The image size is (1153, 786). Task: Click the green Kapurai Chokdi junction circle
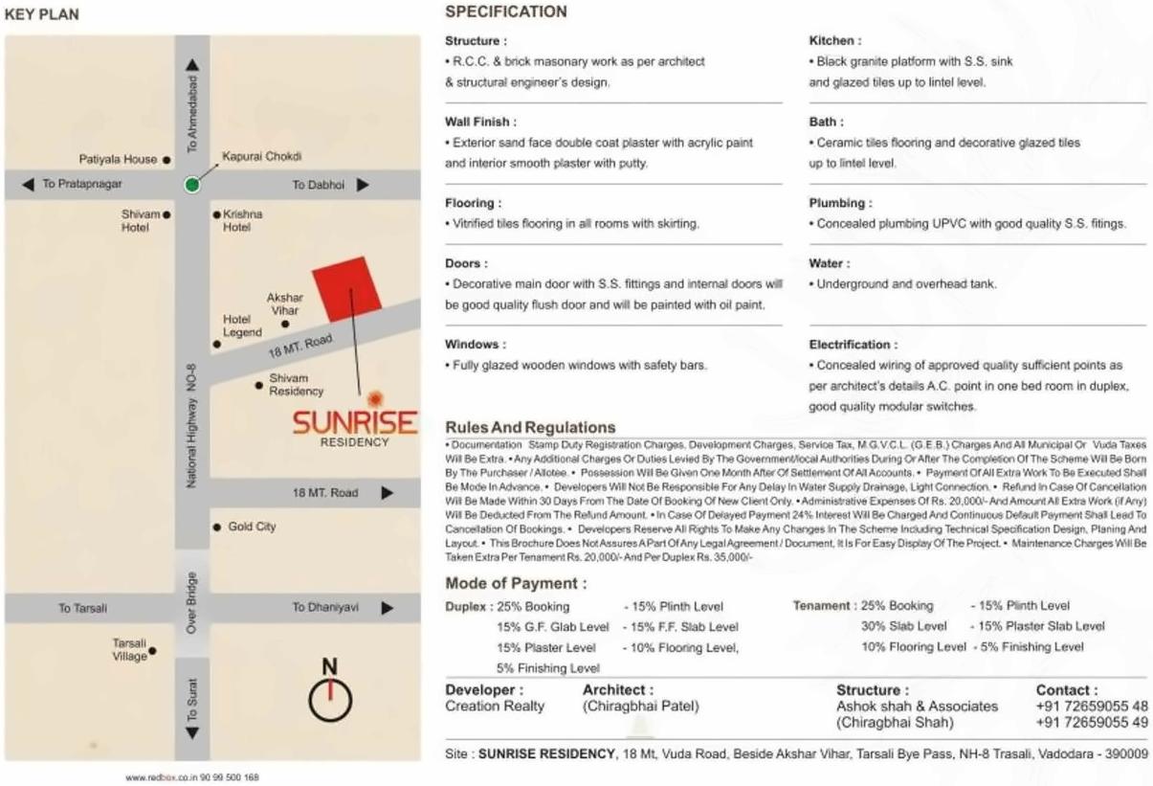[x=192, y=185]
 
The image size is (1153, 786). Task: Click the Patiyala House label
[x=119, y=160]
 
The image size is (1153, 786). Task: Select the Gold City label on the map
[x=252, y=527]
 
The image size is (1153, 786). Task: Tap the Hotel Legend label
[x=242, y=326]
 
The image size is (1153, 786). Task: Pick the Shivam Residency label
[x=296, y=385]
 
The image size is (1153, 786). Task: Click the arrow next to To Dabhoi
[x=363, y=185]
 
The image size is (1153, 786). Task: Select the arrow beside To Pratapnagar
[x=28, y=184]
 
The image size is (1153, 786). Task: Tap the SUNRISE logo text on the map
[x=354, y=422]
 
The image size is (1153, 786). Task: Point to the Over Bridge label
[x=191, y=603]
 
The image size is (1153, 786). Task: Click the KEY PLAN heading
[x=42, y=14]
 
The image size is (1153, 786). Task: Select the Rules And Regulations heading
[x=530, y=427]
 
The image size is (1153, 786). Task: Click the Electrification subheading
[x=854, y=345]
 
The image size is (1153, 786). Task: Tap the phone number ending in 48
[x=1092, y=707]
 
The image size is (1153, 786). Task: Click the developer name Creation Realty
[x=495, y=707]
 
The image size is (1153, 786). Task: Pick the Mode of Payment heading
[x=516, y=584]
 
